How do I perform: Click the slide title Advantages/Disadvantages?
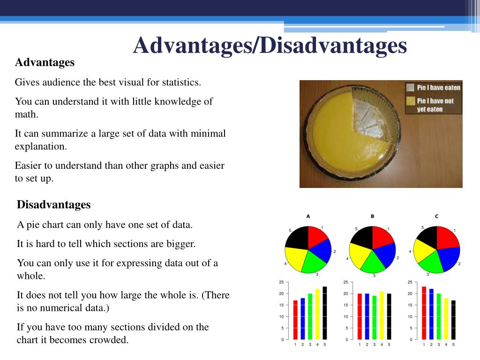coord(270,45)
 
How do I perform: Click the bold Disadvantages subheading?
coord(53,204)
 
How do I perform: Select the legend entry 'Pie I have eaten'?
coord(438,88)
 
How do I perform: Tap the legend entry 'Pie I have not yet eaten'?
coord(435,105)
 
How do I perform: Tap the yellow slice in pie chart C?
coord(424,254)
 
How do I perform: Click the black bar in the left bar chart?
coord(325,313)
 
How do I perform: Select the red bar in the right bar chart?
coord(424,313)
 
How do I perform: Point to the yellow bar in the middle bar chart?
coord(382,315)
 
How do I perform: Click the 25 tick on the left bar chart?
coord(281,282)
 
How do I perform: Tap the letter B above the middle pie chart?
coord(372,216)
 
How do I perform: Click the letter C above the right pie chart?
coord(436,216)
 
